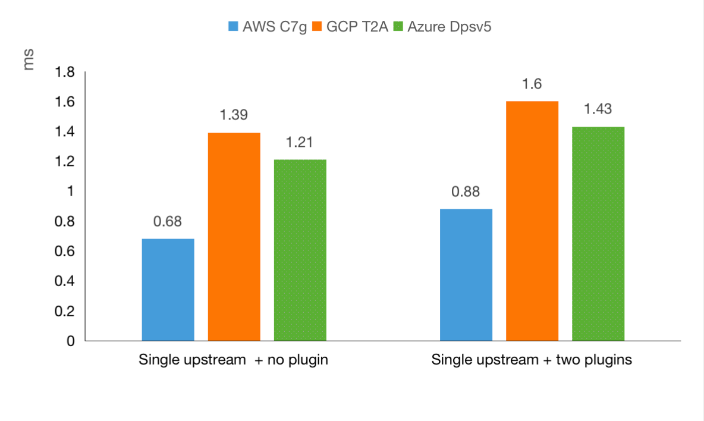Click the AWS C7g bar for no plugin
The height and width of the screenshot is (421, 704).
click(168, 290)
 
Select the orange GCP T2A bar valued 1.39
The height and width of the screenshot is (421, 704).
click(234, 237)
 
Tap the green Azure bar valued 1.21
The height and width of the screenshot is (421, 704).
click(300, 250)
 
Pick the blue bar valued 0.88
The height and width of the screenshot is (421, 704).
click(466, 275)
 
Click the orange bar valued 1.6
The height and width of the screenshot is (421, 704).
click(532, 221)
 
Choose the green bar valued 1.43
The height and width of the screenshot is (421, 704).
click(598, 234)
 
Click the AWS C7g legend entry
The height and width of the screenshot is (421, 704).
click(267, 27)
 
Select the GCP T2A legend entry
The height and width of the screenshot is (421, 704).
click(350, 27)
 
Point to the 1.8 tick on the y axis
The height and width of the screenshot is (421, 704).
click(65, 73)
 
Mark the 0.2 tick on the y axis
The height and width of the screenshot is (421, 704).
click(65, 311)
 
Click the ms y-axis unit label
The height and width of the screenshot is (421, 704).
click(28, 61)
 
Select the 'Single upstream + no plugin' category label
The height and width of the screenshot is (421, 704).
click(233, 360)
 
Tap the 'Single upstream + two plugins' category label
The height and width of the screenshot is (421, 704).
click(532, 360)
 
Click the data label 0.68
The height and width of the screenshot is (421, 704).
click(168, 222)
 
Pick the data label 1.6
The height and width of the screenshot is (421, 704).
click(532, 84)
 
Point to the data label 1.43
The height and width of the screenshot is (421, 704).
click(598, 109)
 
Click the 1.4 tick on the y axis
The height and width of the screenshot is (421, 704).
click(65, 132)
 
